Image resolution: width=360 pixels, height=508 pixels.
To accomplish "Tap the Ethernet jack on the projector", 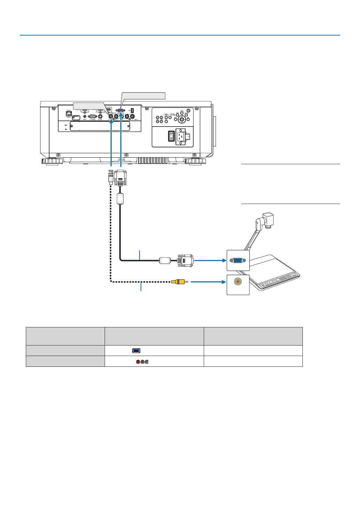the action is coord(69,113).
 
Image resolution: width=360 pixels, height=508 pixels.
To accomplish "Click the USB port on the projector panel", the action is coord(132,110).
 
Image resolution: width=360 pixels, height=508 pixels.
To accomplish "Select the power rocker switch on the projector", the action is coord(171,136).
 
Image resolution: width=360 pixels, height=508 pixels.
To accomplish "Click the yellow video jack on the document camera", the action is coord(238,281).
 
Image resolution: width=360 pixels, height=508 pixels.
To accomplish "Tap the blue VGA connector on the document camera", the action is coord(238,260).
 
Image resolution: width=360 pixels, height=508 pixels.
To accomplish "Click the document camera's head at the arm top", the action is coord(267,220).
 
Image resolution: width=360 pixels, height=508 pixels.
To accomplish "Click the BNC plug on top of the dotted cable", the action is coord(111,176).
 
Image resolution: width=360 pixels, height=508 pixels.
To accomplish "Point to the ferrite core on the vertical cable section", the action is coord(120,199).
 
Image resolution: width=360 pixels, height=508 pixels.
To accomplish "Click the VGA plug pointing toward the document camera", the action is coord(185,260).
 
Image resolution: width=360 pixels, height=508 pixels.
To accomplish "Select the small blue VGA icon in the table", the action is coord(136,351).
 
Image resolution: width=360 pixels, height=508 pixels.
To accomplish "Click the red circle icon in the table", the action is coord(138,362).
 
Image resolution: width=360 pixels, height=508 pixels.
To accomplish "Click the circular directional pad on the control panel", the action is coord(181,119).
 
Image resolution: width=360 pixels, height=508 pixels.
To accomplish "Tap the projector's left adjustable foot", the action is coord(52,161).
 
